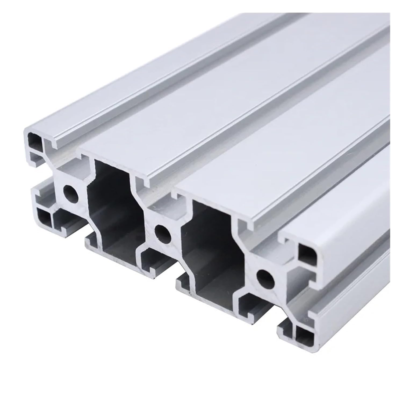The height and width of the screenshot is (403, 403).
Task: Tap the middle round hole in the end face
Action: tap(163, 232)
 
